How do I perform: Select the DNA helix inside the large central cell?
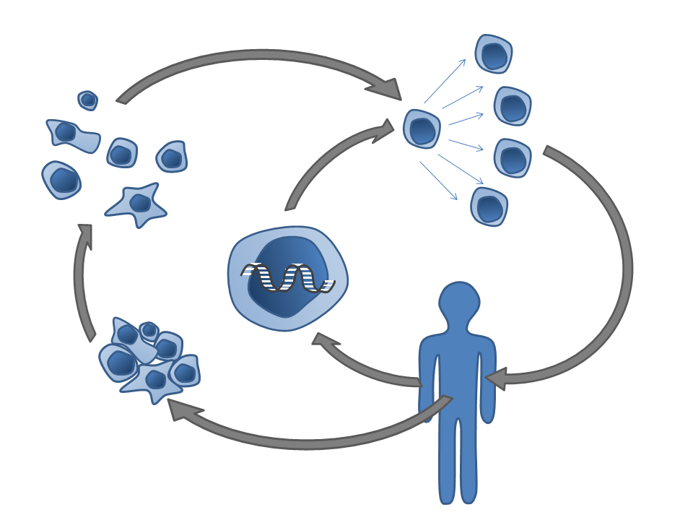tap(287, 278)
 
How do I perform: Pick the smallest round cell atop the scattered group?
tap(87, 100)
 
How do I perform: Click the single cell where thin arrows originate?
tap(422, 129)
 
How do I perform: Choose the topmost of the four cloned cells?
tap(494, 53)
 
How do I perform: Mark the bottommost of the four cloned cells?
tap(489, 207)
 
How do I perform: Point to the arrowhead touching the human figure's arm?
tap(496, 378)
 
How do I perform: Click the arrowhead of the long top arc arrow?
tap(387, 87)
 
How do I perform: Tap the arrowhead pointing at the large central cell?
tap(323, 340)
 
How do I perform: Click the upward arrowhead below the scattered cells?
tap(85, 234)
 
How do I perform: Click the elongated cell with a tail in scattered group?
tap(71, 135)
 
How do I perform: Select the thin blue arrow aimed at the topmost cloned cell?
tap(445, 81)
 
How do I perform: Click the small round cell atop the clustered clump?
tap(149, 331)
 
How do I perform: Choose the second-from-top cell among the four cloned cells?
tap(513, 106)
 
